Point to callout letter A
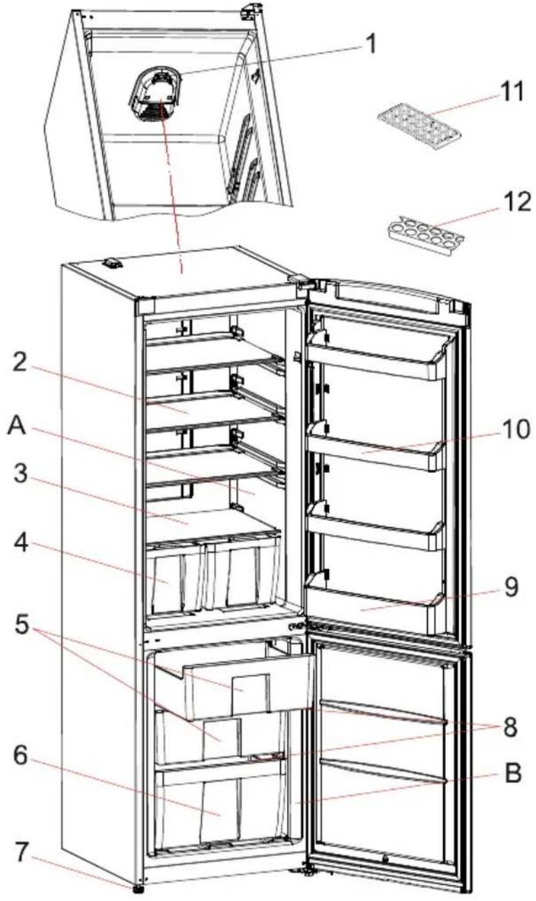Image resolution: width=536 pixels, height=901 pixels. [17, 425]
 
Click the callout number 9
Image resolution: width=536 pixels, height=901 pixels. [511, 588]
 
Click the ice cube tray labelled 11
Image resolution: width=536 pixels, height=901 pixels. [419, 125]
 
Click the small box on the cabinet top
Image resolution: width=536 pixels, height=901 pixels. [113, 264]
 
